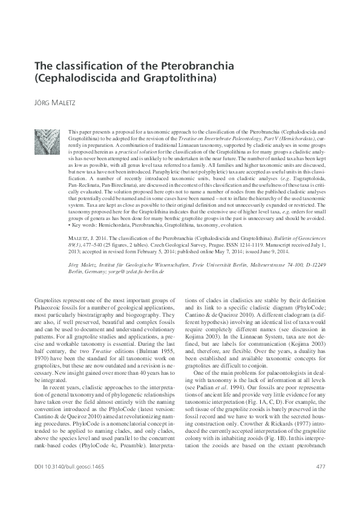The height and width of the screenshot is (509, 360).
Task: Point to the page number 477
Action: pos(321,482)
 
